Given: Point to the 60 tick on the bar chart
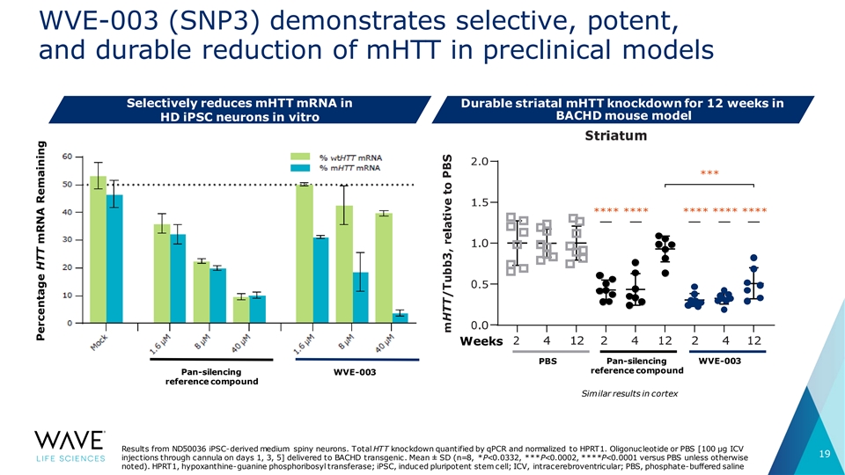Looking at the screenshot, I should [x=67, y=157].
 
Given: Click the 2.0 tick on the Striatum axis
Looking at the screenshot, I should [x=480, y=162].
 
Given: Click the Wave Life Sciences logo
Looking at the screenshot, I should [x=70, y=446].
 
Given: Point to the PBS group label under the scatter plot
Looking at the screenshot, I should [x=550, y=361].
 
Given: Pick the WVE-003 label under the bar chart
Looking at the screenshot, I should [x=354, y=373].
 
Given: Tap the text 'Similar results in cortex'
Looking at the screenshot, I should [x=629, y=393].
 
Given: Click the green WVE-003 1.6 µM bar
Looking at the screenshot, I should [x=305, y=253].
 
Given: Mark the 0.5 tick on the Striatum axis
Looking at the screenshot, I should [x=480, y=284].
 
